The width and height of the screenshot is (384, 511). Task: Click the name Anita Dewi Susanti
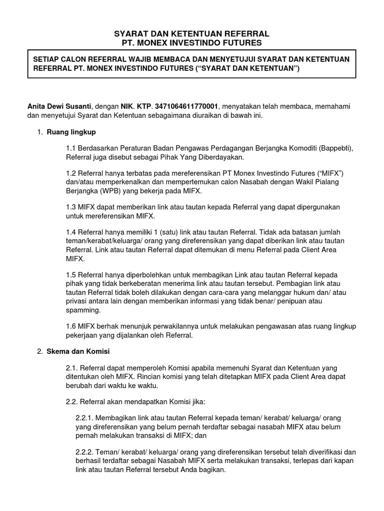click(x=59, y=106)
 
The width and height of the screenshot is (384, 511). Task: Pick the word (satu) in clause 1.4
click(x=142, y=233)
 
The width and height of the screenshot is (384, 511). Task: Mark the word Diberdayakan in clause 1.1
click(x=220, y=157)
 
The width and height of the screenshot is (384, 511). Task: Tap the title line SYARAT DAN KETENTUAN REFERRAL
click(x=191, y=33)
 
